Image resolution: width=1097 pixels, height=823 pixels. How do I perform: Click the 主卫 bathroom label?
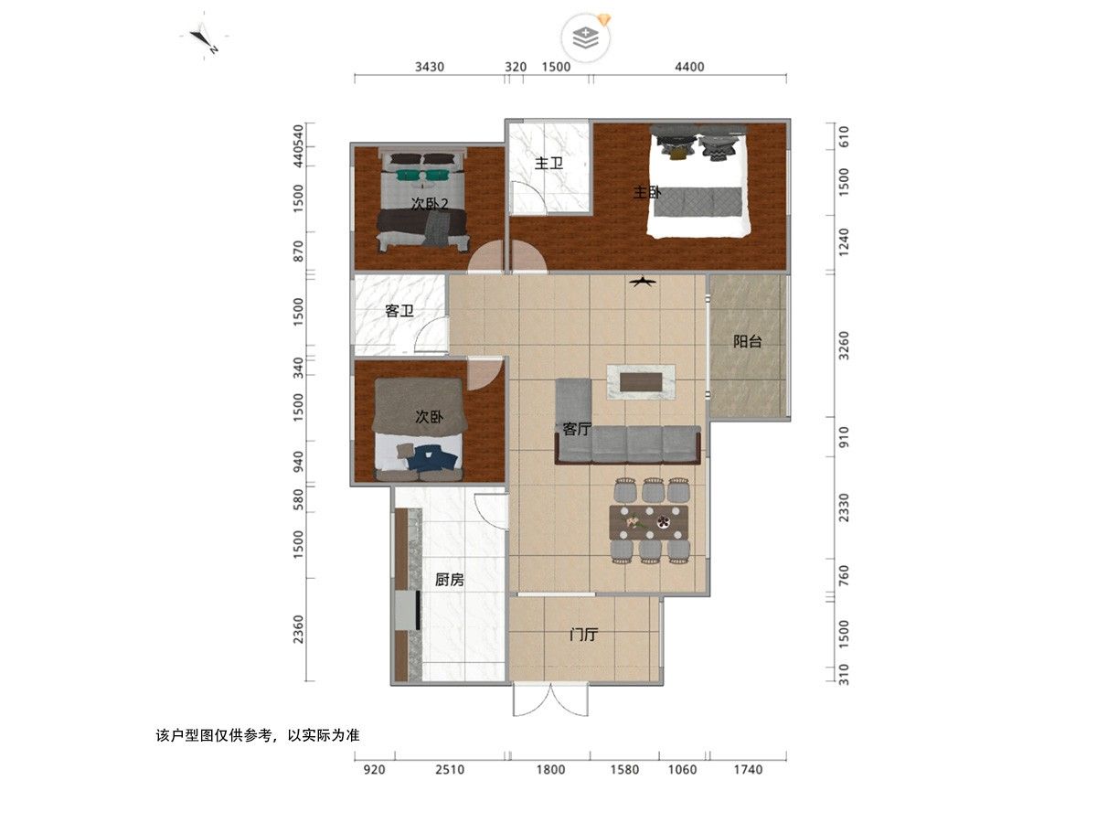pyautogui.click(x=548, y=164)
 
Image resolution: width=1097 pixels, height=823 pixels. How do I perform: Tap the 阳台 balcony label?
pyautogui.click(x=747, y=341)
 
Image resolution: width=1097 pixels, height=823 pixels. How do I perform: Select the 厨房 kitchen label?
pyautogui.click(x=449, y=580)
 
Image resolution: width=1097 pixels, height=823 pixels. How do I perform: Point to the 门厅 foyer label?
pyautogui.click(x=583, y=635)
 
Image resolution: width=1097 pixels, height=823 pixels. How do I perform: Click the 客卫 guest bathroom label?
pyautogui.click(x=399, y=311)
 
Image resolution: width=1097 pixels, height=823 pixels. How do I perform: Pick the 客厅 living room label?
pyautogui.click(x=577, y=429)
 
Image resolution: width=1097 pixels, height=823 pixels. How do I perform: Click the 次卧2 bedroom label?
pyautogui.click(x=430, y=204)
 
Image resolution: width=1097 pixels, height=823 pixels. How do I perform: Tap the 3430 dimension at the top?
pyautogui.click(x=430, y=67)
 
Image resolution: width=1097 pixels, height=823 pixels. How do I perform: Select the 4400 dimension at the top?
pyautogui.click(x=689, y=67)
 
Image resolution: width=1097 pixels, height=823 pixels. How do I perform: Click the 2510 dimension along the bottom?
pyautogui.click(x=449, y=770)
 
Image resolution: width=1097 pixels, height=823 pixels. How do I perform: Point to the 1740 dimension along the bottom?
pyautogui.click(x=748, y=770)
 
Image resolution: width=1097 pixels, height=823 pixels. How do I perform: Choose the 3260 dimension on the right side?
pyautogui.click(x=844, y=346)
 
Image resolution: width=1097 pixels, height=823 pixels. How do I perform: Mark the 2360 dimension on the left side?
pyautogui.click(x=298, y=630)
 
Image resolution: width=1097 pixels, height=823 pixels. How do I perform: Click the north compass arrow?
pyautogui.click(x=202, y=38)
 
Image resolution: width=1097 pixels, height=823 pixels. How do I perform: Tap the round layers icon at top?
pyautogui.click(x=586, y=38)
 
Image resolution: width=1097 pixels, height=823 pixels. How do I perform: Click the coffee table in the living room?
pyautogui.click(x=641, y=382)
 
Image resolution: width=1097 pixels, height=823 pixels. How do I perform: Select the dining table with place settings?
pyautogui.click(x=649, y=522)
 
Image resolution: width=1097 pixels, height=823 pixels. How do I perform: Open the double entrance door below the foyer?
pyautogui.click(x=550, y=700)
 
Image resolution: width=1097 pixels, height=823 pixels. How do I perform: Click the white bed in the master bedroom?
pyautogui.click(x=698, y=181)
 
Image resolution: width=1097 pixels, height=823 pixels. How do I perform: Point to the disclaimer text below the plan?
pyautogui.click(x=258, y=735)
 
